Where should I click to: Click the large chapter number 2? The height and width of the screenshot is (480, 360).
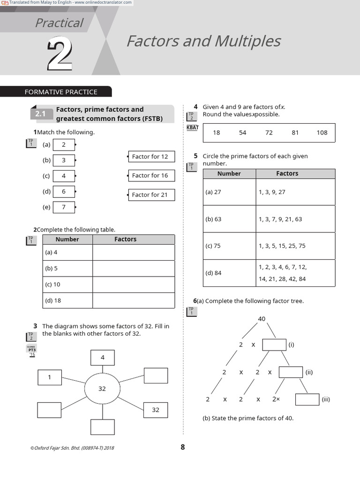pos(60,55)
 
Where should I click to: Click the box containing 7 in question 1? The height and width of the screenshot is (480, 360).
pos(64,207)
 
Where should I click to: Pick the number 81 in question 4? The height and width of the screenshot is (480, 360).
pos(295,133)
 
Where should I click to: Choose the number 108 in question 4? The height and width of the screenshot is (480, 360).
pos(322,133)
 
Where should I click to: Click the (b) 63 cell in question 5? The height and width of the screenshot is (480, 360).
pos(229,219)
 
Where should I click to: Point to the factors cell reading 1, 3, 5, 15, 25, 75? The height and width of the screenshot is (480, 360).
pos(295,246)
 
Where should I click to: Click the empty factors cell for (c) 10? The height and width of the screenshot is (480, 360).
pos(133,285)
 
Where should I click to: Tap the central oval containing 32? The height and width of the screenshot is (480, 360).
pos(102,389)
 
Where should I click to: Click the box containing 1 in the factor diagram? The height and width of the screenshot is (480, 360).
pos(50,377)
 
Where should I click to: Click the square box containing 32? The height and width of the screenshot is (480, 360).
pos(156,410)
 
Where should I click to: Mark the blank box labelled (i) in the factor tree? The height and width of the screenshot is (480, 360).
pos(274,345)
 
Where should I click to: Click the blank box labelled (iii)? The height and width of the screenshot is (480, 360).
pos(307,399)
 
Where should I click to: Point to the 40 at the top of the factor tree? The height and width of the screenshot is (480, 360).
pos(262,319)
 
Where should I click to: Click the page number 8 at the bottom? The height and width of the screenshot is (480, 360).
pos(183,447)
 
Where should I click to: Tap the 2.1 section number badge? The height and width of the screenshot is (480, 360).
pos(41,114)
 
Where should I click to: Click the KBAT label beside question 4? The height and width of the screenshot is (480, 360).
pos(192,127)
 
